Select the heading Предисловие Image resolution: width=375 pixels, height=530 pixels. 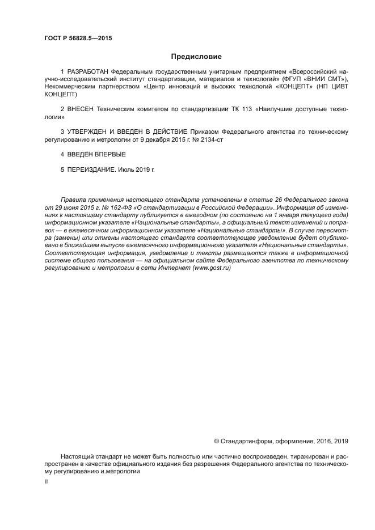click(x=196, y=57)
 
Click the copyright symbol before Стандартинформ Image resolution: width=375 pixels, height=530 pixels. click(x=216, y=440)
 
